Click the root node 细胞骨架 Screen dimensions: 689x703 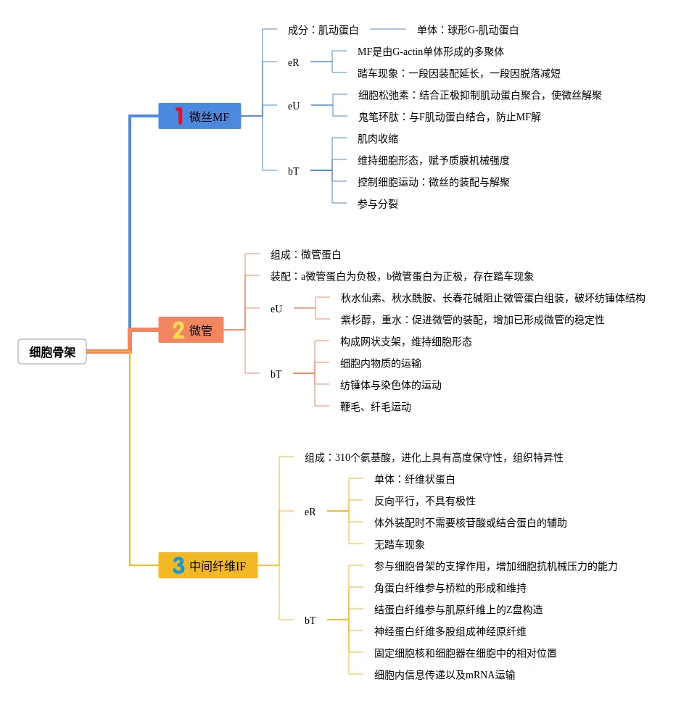[52, 352]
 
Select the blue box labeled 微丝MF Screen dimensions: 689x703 [199, 116]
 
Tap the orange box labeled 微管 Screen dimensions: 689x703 [191, 330]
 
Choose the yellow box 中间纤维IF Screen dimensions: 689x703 [208, 565]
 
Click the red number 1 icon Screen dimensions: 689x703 [179, 116]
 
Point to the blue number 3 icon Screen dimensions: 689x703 [178, 565]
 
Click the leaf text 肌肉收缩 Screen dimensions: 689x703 [378, 138]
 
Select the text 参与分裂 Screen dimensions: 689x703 [378, 204]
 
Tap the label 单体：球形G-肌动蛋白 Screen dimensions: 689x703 [468, 30]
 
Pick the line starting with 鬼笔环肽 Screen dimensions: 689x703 [450, 117]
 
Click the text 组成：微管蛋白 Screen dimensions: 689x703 [306, 254]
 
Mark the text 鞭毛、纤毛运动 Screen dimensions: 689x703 [376, 407]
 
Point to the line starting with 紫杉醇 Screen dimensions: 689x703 [473, 320]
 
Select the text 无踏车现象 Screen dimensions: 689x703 [400, 544]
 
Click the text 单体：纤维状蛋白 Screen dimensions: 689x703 [415, 479]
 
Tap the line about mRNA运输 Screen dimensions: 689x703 [445, 675]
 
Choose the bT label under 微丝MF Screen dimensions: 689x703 [293, 171]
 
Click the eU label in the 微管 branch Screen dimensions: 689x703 [276, 309]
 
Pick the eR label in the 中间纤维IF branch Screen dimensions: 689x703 [310, 512]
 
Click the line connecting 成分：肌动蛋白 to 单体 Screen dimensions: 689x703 [388, 29]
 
